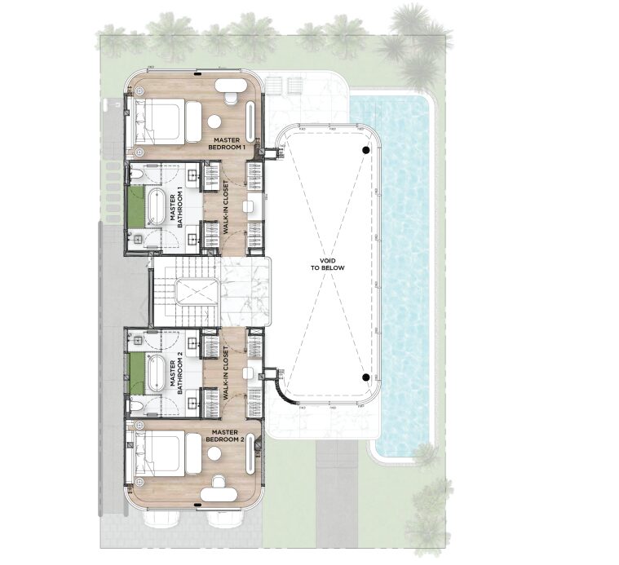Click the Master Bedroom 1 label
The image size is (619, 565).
[x=227, y=143]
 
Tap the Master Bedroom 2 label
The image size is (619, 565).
[x=225, y=436]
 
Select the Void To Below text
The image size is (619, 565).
[x=327, y=264]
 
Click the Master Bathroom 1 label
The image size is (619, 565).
[x=175, y=210]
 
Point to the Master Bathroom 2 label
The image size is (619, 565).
[x=175, y=377]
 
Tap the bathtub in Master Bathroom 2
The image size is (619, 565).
[x=155, y=373]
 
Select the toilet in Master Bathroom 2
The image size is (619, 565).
[x=135, y=405]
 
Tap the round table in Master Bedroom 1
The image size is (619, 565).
[x=214, y=121]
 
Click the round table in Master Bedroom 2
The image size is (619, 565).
[x=214, y=454]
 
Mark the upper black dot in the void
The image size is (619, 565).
[x=366, y=150]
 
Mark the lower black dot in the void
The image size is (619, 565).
[x=366, y=377]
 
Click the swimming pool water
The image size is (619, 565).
[x=404, y=276]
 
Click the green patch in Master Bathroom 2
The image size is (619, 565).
[x=135, y=373]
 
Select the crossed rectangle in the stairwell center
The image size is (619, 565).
[x=197, y=292]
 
